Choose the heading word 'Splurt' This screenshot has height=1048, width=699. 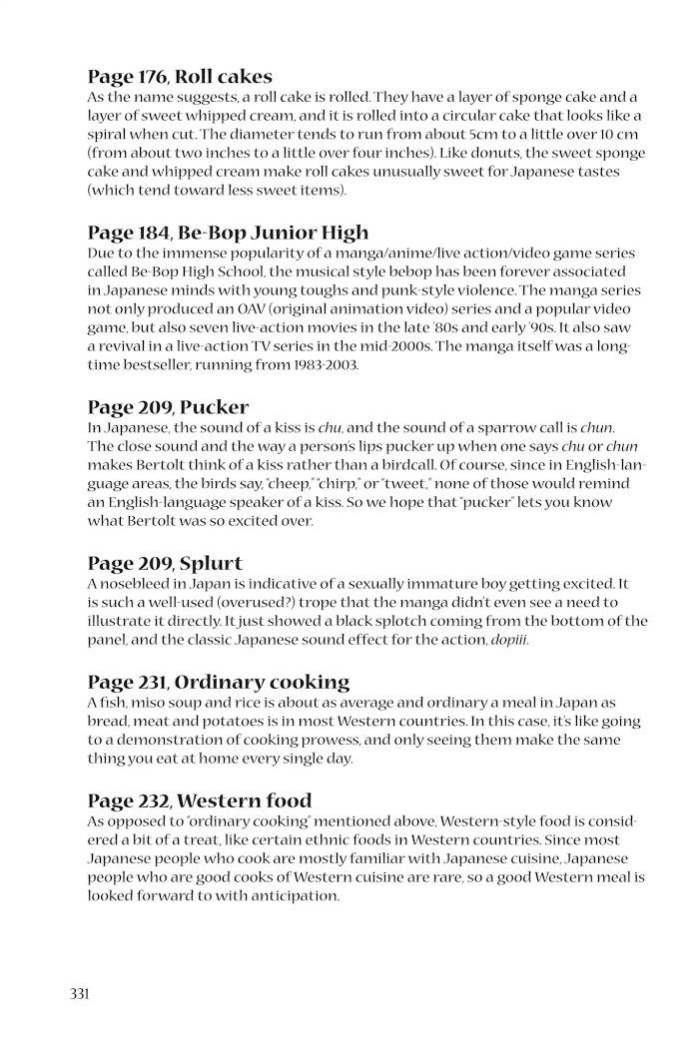point(211,564)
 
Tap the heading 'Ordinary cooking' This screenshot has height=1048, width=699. point(265,684)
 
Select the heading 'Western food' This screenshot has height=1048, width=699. point(246,801)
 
